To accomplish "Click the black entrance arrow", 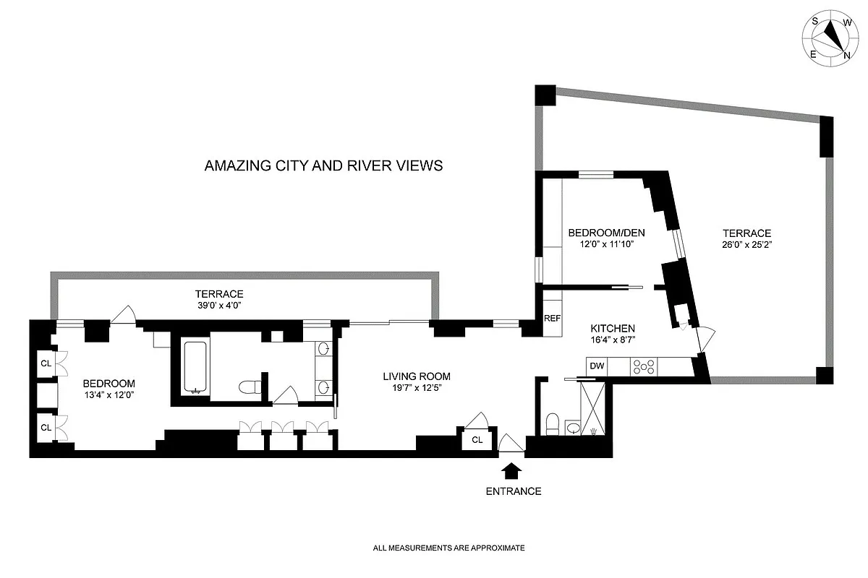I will [x=511, y=470].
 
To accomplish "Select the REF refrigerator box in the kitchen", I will [x=552, y=318].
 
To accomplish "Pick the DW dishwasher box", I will [x=597, y=366].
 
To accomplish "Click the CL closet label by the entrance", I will [x=477, y=439].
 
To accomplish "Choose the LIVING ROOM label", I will [x=417, y=376].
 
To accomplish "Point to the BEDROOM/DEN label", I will [x=605, y=233].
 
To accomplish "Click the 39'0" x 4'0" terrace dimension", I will [x=218, y=306].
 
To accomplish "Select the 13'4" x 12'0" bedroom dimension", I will [x=109, y=395].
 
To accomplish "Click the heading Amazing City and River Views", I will [x=323, y=165].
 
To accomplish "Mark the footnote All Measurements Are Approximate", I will [x=448, y=548].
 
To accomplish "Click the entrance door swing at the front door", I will [x=510, y=443].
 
